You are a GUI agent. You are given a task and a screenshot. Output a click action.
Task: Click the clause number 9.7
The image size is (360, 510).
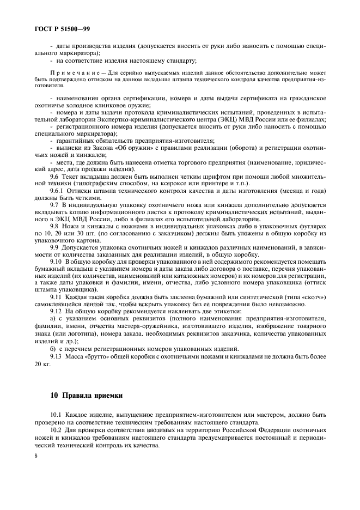click(x=54, y=204)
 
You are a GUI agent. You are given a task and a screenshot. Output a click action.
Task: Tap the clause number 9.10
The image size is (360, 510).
click(x=56, y=261)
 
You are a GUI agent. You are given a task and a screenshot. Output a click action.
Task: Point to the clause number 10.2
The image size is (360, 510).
click(x=56, y=429)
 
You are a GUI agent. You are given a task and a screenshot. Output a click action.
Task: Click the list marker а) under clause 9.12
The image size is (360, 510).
click(x=52, y=318)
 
